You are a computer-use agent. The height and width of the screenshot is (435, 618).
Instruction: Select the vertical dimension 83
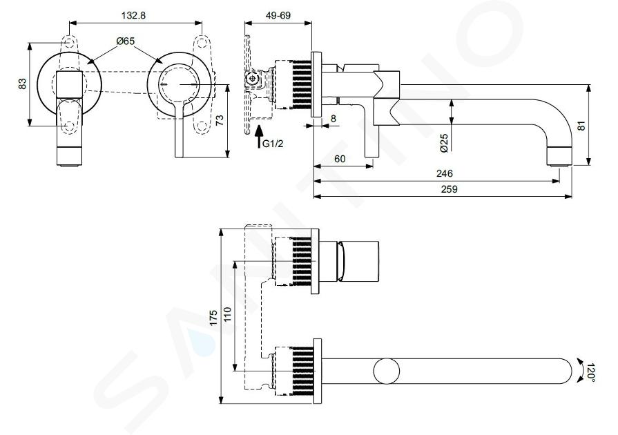tap(23, 84)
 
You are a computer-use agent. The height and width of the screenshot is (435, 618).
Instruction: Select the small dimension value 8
tap(333, 119)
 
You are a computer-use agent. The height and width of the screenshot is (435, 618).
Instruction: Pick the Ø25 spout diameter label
tap(445, 142)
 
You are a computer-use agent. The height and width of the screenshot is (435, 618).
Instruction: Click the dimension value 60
tap(340, 158)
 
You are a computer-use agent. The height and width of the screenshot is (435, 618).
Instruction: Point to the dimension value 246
tap(444, 173)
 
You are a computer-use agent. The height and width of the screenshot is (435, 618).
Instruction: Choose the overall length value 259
tap(449, 188)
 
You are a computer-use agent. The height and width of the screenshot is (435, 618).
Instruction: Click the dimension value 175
tap(214, 318)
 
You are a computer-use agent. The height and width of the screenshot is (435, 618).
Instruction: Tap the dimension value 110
tap(229, 317)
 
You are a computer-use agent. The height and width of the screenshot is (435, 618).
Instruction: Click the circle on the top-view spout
tap(386, 371)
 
